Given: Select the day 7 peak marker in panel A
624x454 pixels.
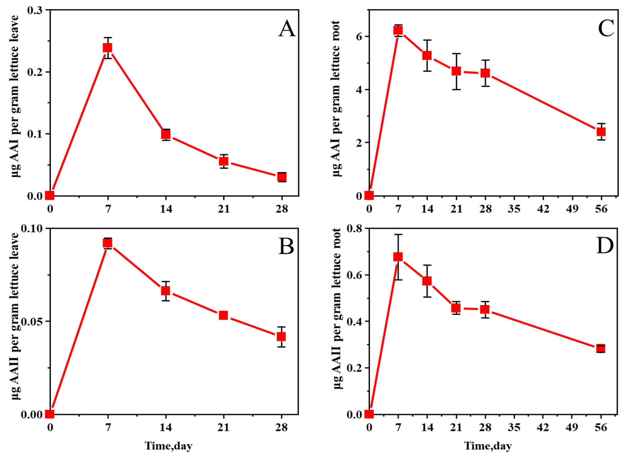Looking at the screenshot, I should tap(108, 48).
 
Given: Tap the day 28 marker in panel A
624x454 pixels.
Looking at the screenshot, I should tap(282, 177).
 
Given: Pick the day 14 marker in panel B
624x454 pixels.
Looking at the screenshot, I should tap(166, 291).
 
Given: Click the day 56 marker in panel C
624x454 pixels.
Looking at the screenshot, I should tap(601, 132).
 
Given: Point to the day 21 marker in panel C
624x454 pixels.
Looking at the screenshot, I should tap(456, 71).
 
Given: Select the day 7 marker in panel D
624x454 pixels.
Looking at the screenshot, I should tap(398, 257).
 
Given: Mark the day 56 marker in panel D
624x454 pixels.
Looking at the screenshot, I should tap(601, 349).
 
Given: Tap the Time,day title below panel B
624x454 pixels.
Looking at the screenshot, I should tap(168, 446).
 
